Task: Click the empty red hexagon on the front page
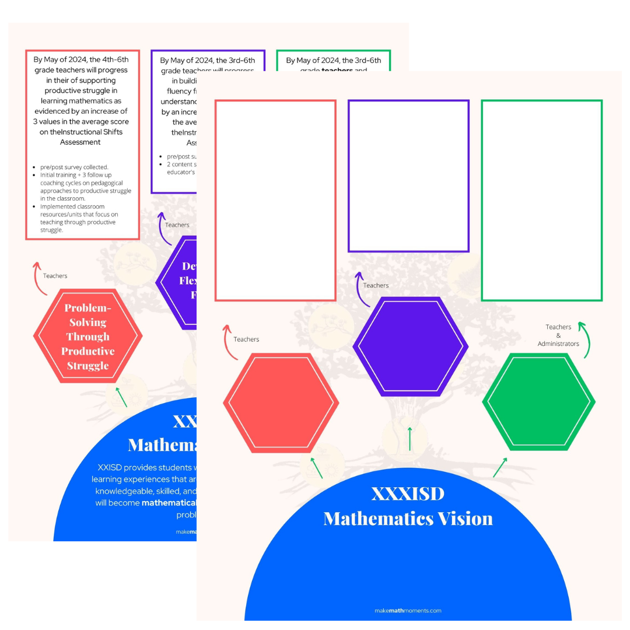coord(281,403)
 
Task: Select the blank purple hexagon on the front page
coord(410,346)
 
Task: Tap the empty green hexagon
coord(538,402)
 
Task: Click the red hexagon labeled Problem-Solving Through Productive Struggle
coord(87,337)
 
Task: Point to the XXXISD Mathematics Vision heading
coord(408,506)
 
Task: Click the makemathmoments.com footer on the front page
coord(408,611)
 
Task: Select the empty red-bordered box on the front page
coord(275,201)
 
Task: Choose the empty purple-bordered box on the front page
coord(408,176)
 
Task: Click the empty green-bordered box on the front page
coord(541,201)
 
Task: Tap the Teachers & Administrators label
coord(558,335)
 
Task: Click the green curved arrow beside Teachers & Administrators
coord(584,338)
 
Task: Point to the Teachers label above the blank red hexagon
coord(246,339)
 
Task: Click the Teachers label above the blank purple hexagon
coord(376,285)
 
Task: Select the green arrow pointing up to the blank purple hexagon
coord(409,439)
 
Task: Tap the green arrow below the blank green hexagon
coord(500,467)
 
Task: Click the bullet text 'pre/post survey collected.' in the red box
coord(75,167)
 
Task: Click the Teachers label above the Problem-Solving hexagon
coord(55,276)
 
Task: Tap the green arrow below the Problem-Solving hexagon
coord(121,397)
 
